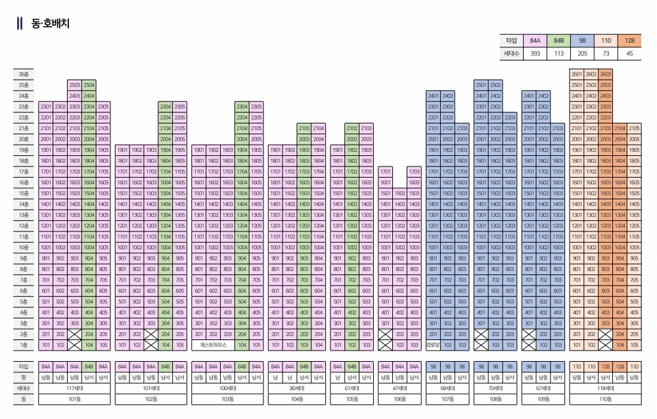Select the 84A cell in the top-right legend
[535, 40]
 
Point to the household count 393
[535, 53]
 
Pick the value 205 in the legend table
[582, 53]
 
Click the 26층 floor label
[24, 74]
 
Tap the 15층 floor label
[24, 193]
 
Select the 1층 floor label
[24, 345]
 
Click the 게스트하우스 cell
[213, 345]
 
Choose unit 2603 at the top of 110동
[605, 74]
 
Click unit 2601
[577, 74]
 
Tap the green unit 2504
[89, 85]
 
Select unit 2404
[89, 96]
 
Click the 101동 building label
[74, 399]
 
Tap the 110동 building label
[605, 399]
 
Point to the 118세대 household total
[605, 388]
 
